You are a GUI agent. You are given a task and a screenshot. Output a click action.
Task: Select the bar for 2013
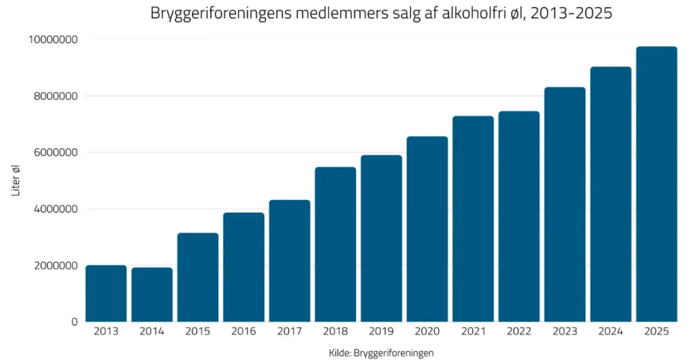point(106,294)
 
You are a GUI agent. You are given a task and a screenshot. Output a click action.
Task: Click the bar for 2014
point(152,295)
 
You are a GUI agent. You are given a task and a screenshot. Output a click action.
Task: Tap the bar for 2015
point(198,277)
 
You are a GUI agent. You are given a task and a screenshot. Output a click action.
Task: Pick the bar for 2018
point(335,244)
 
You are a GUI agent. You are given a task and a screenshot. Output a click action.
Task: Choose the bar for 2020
point(427,229)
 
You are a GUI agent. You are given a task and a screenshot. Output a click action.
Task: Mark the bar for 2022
point(519,216)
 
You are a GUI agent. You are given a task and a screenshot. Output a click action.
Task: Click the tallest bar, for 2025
point(656,184)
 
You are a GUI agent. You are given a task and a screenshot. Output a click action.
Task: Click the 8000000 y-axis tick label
point(56,96)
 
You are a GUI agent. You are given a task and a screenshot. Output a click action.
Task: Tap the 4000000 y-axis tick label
point(56,209)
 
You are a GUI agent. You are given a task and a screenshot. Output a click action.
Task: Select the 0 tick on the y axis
point(75,322)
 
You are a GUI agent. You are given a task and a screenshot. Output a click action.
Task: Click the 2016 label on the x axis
point(244,332)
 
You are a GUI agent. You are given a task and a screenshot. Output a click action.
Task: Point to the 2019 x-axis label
point(381,332)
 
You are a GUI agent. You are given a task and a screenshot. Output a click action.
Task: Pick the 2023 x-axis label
point(564,332)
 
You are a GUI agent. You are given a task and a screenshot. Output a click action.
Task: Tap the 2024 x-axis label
point(611,332)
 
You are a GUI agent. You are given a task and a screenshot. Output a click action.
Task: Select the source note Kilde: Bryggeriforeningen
point(381,353)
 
